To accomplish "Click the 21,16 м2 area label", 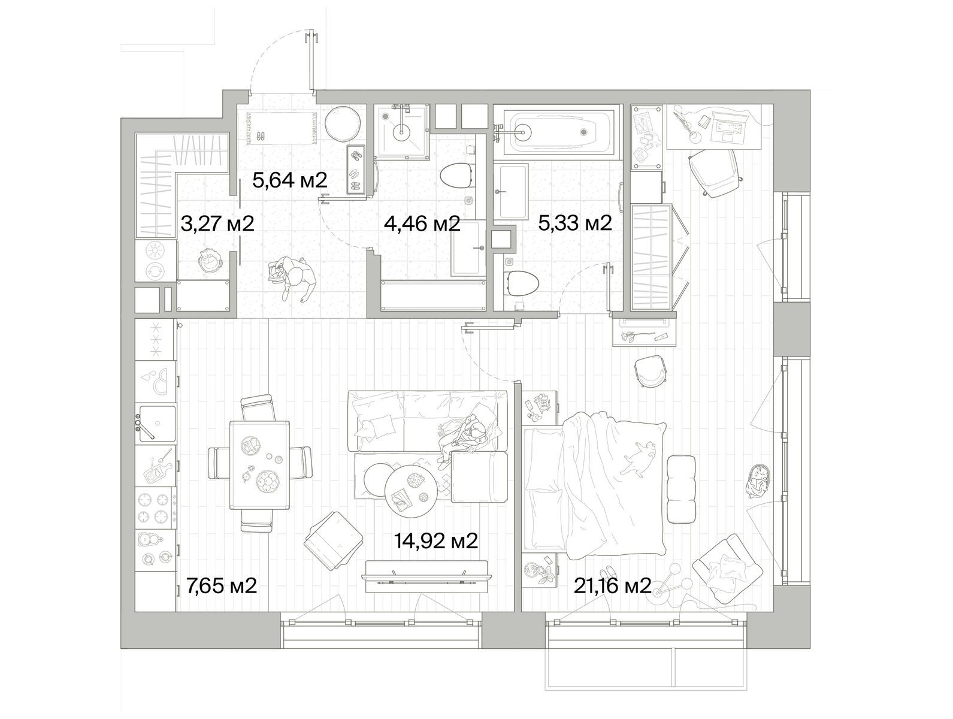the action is tap(612, 587).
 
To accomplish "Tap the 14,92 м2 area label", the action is tap(436, 540).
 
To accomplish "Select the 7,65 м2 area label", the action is tap(222, 586).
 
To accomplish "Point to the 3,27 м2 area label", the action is tap(217, 224).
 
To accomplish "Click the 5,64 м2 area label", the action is tap(289, 180).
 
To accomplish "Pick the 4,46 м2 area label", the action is tap(422, 224).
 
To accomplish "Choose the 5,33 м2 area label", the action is tap(575, 223).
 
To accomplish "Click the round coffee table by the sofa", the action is tap(411, 491).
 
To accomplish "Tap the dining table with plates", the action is tap(259, 465).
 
